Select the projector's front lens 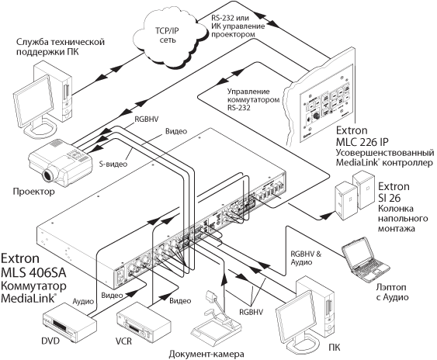[50, 175]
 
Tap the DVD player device [69, 323]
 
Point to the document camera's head [211, 296]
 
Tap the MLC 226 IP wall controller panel [327, 103]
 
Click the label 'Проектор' [33, 192]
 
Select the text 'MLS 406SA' [33, 272]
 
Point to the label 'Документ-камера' [206, 354]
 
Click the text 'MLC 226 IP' [362, 142]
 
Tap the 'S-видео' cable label [113, 164]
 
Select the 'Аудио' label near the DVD [83, 301]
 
